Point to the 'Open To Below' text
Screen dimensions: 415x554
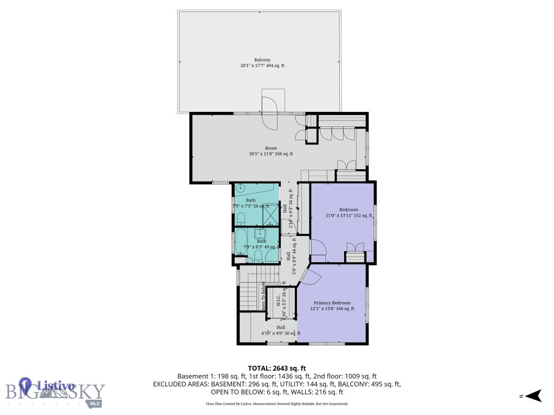coord(264,296)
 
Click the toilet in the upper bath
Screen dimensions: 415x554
coord(241,218)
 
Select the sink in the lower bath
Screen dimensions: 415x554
coord(260,233)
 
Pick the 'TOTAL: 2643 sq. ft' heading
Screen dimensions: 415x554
coord(277,367)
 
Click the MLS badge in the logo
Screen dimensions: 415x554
coord(95,403)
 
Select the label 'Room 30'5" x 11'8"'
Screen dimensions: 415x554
coord(271,151)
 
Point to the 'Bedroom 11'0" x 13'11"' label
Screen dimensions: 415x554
coord(348,212)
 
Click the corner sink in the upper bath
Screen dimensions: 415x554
coord(240,189)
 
